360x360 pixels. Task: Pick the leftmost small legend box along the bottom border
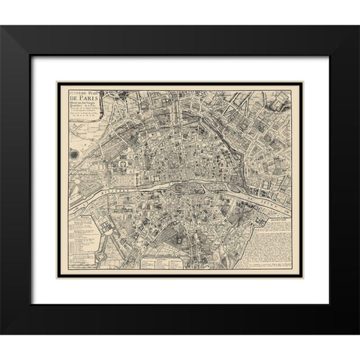154,262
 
